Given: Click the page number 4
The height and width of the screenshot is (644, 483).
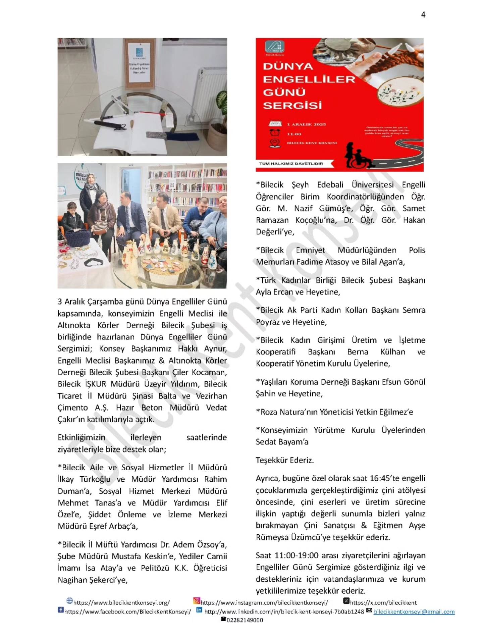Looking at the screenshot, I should [x=423, y=15].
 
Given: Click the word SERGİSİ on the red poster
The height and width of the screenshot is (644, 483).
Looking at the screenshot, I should [x=292, y=105].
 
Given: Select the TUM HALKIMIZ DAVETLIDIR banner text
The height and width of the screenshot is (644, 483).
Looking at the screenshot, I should [x=291, y=164].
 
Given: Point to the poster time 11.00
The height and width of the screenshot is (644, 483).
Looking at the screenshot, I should [x=294, y=134].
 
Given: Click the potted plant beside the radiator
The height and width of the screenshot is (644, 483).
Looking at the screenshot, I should [x=218, y=121].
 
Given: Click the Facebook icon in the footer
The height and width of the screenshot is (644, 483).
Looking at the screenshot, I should [x=61, y=610].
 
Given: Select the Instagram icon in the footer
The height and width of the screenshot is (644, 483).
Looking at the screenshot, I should [x=197, y=601].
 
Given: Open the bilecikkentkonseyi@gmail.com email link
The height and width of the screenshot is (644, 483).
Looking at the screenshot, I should [x=414, y=611].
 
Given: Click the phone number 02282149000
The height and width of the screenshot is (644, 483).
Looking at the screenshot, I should [x=245, y=620].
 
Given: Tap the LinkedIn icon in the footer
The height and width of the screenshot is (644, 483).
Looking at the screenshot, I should [x=199, y=610].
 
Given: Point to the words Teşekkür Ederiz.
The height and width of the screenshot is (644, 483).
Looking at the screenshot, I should [x=285, y=460].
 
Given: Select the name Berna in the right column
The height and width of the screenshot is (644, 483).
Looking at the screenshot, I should [x=358, y=352].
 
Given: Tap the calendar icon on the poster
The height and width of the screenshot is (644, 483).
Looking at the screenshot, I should [x=275, y=124].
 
